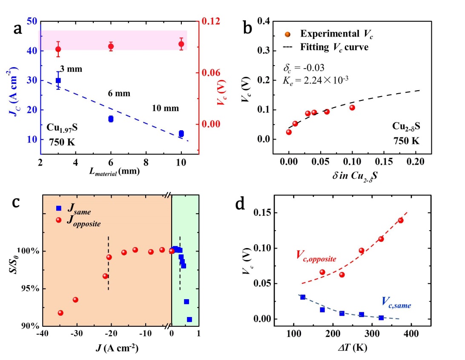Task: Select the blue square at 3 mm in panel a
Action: (58, 80)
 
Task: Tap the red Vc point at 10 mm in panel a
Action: (181, 44)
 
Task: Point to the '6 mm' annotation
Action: (119, 94)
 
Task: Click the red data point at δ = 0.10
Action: (352, 108)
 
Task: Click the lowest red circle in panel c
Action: (60, 313)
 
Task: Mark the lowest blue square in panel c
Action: (189, 319)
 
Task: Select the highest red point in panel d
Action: (401, 220)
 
